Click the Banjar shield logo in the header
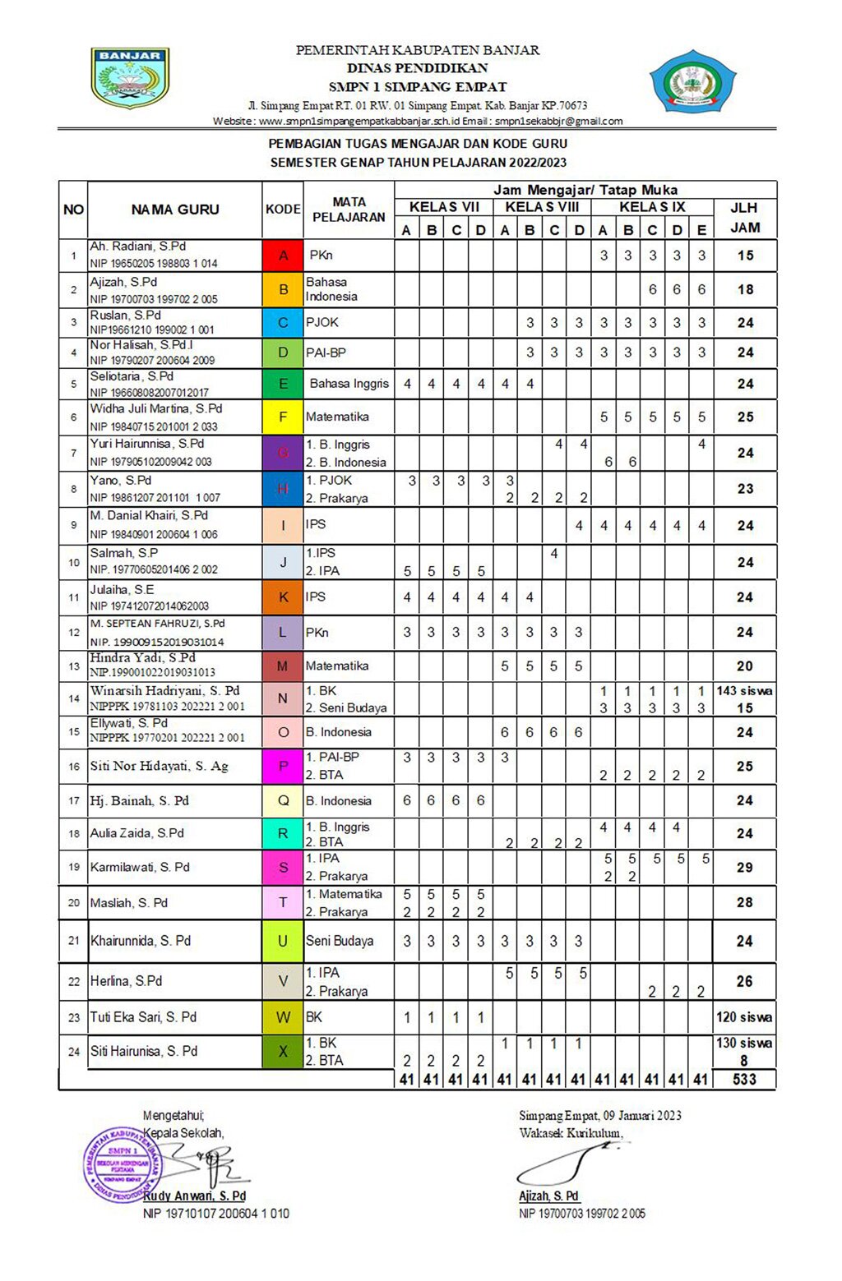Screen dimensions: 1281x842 point(129,78)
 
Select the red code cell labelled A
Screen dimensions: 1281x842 point(283,256)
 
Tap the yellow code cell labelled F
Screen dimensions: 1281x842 point(283,417)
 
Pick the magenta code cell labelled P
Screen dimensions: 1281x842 point(283,766)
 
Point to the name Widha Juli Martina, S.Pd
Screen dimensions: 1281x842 point(156,408)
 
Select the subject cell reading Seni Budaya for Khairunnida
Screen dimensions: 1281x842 point(340,941)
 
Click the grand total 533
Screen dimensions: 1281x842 point(744,1079)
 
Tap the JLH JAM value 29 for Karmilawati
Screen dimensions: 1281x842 point(744,867)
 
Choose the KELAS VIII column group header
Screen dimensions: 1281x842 point(542,207)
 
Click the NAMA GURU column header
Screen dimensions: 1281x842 point(175,210)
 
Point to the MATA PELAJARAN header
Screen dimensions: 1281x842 point(349,210)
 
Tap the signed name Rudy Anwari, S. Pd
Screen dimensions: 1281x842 point(195,1196)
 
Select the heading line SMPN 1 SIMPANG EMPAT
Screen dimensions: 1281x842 point(418,86)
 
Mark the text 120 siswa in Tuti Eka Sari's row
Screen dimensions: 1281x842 point(744,1017)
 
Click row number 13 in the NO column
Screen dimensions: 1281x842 point(74,666)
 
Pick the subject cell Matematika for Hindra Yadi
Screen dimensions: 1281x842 point(337,666)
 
